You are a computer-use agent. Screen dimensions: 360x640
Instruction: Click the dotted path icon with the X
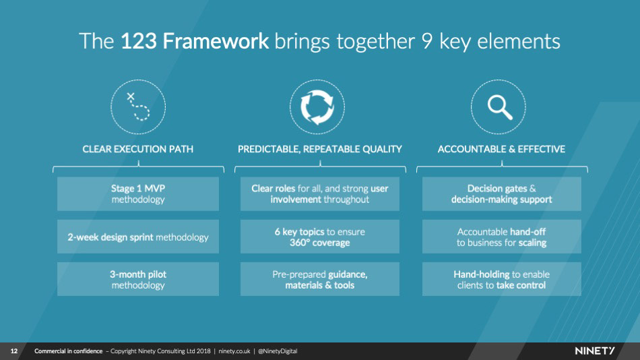pyautogui.click(x=137, y=107)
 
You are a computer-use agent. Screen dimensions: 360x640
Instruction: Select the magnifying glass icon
pyautogui.click(x=499, y=107)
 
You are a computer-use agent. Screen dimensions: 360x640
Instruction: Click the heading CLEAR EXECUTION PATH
pyautogui.click(x=137, y=149)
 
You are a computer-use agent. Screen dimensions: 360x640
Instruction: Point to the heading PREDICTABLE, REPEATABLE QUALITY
pyautogui.click(x=319, y=149)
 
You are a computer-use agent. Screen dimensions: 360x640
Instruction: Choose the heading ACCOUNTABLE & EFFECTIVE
pyautogui.click(x=501, y=149)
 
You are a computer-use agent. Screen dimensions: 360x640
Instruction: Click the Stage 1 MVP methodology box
pyautogui.click(x=137, y=194)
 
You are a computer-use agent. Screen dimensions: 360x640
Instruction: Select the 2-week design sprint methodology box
pyautogui.click(x=137, y=237)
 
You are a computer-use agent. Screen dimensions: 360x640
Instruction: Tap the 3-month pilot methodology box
pyautogui.click(x=137, y=279)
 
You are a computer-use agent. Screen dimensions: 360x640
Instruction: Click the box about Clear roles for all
pyautogui.click(x=319, y=194)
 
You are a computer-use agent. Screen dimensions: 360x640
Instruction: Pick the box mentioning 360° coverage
pyautogui.click(x=319, y=237)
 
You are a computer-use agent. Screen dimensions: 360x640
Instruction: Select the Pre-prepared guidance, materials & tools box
pyautogui.click(x=319, y=279)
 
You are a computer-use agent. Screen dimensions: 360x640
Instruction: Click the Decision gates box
pyautogui.click(x=501, y=194)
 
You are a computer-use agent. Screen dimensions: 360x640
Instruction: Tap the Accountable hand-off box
pyautogui.click(x=501, y=237)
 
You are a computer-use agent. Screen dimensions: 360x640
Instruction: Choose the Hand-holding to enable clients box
pyautogui.click(x=501, y=279)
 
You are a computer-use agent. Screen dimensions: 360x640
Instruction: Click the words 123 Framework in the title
pyautogui.click(x=195, y=41)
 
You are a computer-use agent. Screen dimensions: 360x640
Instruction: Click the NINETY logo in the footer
pyautogui.click(x=595, y=351)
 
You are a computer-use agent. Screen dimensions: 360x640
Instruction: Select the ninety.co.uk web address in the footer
pyautogui.click(x=234, y=351)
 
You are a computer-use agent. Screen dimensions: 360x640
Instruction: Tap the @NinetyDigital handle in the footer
pyautogui.click(x=278, y=351)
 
